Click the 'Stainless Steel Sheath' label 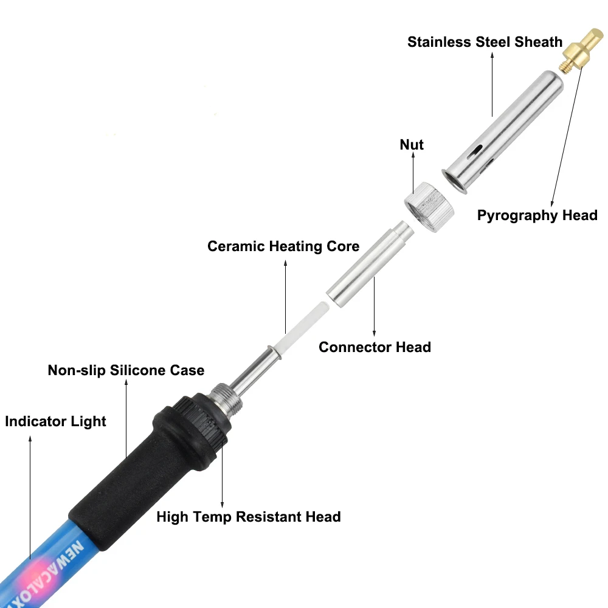click(485, 42)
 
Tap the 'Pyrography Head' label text click(537, 215)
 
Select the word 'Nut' click(412, 145)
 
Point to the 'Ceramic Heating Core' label click(283, 246)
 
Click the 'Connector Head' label click(375, 347)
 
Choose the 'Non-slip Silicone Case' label click(126, 370)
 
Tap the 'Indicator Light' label click(55, 421)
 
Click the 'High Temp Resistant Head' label click(249, 517)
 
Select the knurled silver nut click(429, 207)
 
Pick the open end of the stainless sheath click(454, 181)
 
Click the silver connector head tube click(370, 264)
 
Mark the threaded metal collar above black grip click(227, 398)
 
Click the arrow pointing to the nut click(413, 173)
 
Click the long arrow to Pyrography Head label click(567, 136)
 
